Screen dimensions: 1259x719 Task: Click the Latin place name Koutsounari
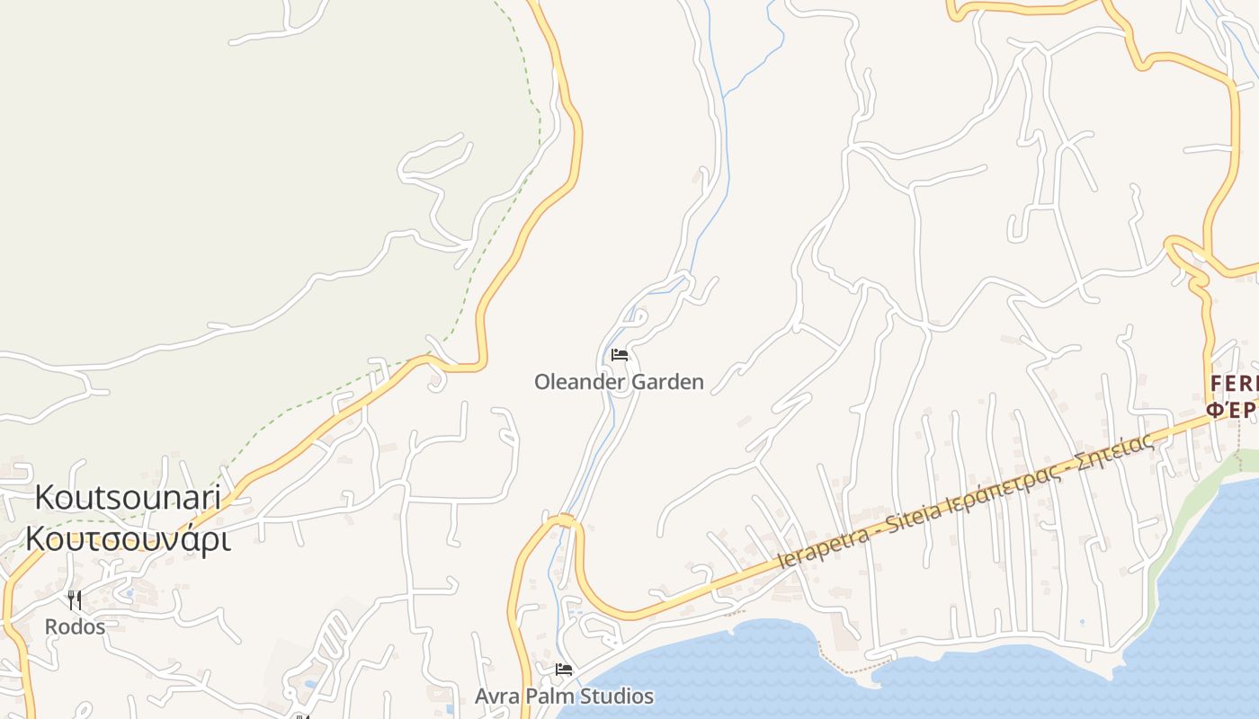click(x=128, y=497)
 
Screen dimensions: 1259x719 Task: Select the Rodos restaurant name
click(x=75, y=626)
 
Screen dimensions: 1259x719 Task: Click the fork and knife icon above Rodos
click(x=75, y=599)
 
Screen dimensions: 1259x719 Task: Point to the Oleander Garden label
click(x=619, y=382)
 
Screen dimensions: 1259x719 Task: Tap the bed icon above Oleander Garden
click(x=619, y=355)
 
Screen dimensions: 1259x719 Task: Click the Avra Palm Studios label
click(x=564, y=696)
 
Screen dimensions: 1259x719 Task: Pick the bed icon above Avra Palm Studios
click(x=564, y=670)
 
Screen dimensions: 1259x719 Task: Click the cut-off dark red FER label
click(x=1233, y=385)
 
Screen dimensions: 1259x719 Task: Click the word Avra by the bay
click(x=496, y=696)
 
